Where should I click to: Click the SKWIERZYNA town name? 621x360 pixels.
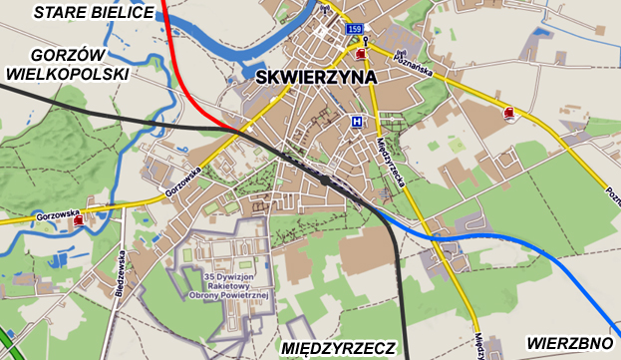coord(314,77)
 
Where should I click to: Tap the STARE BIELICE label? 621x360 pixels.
coord(95,12)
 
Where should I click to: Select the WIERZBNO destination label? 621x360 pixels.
coord(569,342)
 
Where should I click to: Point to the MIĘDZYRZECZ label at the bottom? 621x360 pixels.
coord(339,348)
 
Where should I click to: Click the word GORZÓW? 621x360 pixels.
coord(69,54)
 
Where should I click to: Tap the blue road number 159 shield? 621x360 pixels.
coord(355,31)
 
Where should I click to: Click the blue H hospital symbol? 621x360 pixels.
coord(356,122)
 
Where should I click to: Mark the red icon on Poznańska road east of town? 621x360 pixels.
coord(509,113)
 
